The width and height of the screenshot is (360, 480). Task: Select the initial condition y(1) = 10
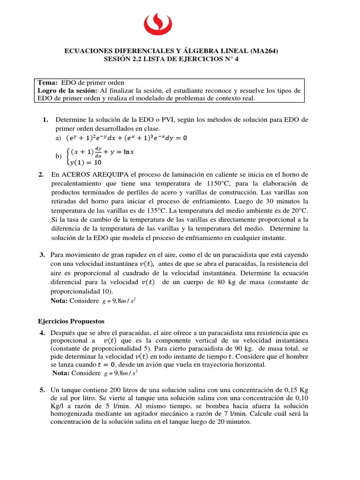85,163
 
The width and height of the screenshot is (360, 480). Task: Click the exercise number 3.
42,255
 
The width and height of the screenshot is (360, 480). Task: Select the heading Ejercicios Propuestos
71,322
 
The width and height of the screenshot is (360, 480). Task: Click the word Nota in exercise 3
59,300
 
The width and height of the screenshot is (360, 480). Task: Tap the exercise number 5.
42,390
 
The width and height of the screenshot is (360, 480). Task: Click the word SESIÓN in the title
117,59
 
